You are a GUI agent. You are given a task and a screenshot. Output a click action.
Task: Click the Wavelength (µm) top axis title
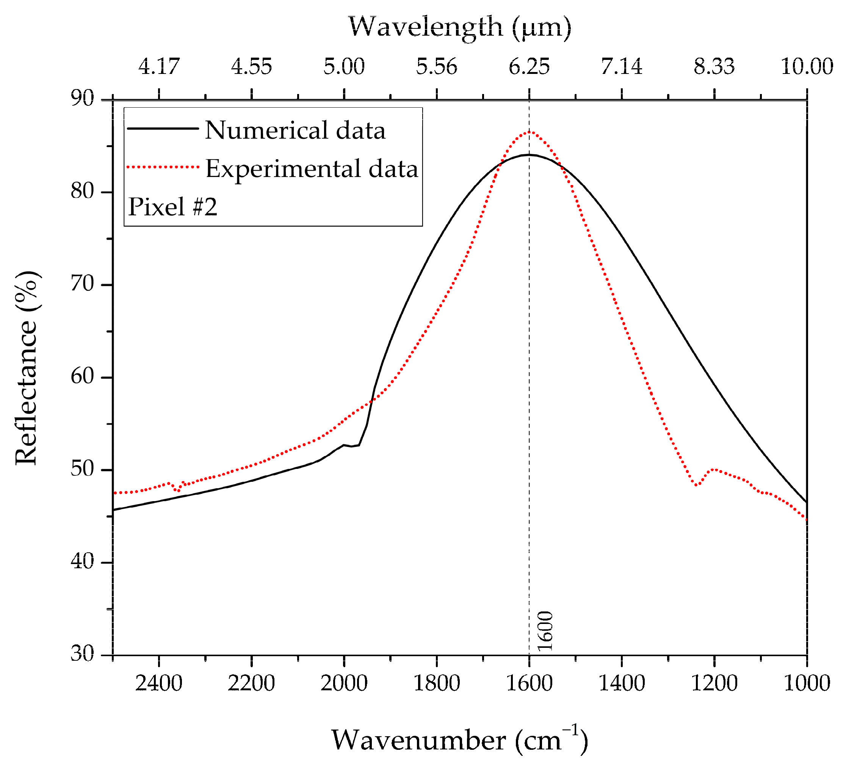point(459,27)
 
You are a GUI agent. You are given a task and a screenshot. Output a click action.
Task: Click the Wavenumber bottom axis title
point(459,740)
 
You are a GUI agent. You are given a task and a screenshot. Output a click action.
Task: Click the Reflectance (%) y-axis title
point(27,368)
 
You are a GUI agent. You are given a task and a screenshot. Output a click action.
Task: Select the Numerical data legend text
point(295,130)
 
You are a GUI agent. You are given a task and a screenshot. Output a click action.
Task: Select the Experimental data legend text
point(312,169)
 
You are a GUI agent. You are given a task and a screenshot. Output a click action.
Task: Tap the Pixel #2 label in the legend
point(173,207)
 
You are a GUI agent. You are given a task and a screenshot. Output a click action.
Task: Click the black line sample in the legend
point(163,129)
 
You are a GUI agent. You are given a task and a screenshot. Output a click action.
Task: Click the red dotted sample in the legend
point(163,167)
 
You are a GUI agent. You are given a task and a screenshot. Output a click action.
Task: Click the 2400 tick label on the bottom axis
point(159,683)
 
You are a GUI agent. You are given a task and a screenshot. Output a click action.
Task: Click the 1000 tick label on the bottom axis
point(807,683)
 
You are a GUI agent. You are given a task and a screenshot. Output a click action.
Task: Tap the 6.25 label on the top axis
point(529,66)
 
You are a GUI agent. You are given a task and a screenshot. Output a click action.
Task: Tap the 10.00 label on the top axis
point(807,66)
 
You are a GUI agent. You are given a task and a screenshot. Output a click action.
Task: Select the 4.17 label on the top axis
point(159,66)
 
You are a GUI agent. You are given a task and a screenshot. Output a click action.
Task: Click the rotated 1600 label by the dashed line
point(545,631)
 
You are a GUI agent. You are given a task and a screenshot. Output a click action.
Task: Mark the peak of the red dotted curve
point(530,132)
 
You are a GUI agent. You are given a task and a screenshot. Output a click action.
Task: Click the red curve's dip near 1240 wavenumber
point(696,485)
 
